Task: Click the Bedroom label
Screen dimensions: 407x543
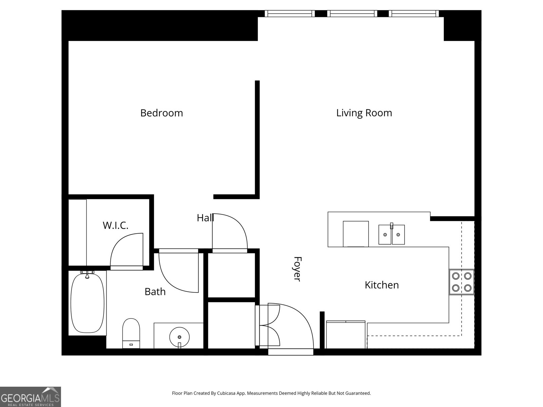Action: coord(162,113)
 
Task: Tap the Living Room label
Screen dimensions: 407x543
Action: coord(364,113)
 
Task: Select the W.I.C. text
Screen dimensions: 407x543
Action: coord(116,225)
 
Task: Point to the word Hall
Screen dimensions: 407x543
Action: coord(205,218)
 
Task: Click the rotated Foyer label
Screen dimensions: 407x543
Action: coord(297,269)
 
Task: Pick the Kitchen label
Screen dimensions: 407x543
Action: coord(381,285)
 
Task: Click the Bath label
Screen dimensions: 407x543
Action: coord(155,292)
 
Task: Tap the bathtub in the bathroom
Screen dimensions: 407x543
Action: coord(88,303)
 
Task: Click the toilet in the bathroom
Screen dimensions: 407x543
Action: coord(131,333)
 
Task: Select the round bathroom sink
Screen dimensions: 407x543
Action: coord(179,337)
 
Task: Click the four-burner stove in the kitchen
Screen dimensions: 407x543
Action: coord(462,282)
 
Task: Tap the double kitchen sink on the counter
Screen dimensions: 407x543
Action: coord(392,234)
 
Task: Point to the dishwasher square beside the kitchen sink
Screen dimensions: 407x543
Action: coord(356,234)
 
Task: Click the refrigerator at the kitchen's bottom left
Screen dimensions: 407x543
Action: coord(345,335)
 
